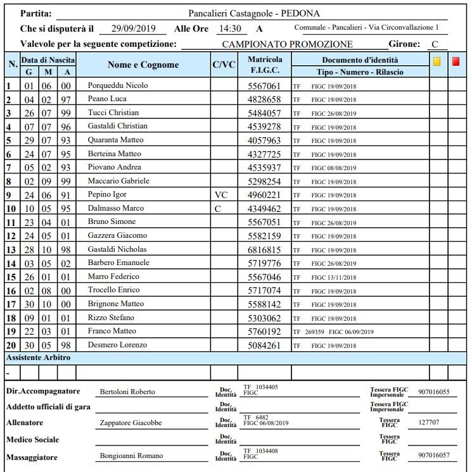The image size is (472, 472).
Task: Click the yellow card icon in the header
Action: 437,61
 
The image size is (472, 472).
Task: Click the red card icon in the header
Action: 456,61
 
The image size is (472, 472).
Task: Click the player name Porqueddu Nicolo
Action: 118,85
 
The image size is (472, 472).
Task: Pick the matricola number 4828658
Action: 264,99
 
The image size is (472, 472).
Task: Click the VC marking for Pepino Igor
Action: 220,195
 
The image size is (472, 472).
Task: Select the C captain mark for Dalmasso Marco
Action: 218,208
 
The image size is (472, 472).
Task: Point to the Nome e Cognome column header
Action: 143,65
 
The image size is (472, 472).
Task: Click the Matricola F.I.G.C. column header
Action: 264,65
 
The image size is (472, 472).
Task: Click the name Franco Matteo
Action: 112,331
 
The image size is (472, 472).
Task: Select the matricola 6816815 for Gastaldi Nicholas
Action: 264,249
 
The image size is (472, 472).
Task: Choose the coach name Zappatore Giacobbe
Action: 131,423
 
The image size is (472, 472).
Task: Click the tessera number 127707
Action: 429,422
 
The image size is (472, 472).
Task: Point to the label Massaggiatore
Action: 32,457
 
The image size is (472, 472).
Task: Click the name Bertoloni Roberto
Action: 127,392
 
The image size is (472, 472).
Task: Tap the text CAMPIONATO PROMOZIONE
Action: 287,44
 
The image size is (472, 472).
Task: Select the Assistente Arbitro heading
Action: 38,358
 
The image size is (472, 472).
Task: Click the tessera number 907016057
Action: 433,455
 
